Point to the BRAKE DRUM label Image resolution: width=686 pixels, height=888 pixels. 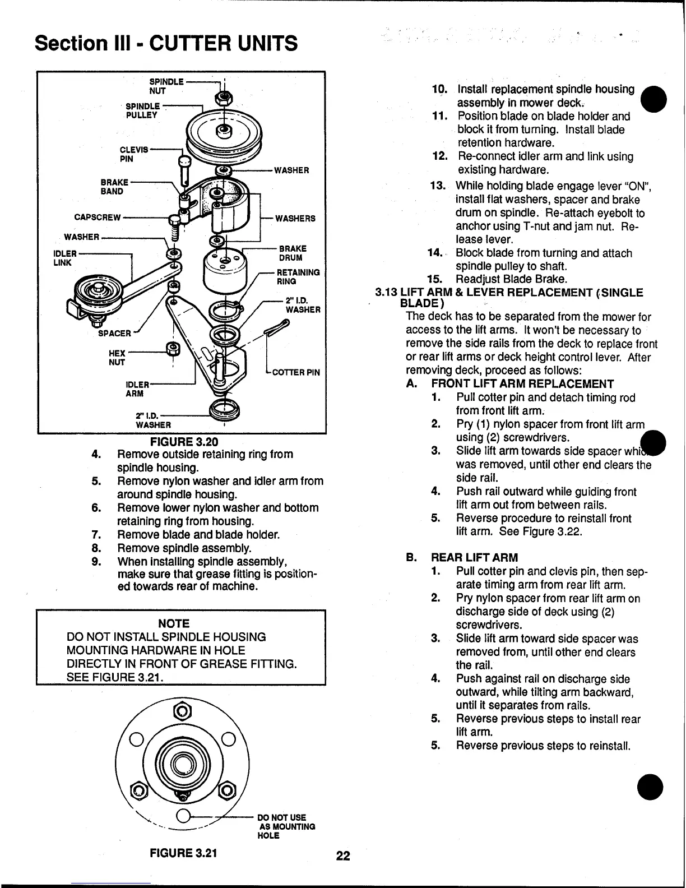tap(292, 253)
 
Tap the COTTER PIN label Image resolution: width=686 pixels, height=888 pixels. tap(295, 372)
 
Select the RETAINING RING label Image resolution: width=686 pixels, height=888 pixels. tap(298, 277)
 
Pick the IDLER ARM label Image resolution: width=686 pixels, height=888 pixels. tap(138, 389)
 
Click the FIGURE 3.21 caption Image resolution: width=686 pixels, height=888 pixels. tap(183, 853)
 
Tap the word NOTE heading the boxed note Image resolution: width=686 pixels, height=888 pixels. tap(174, 623)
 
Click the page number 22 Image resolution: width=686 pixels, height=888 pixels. tap(343, 855)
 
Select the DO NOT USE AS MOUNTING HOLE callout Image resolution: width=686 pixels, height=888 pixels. tap(286, 826)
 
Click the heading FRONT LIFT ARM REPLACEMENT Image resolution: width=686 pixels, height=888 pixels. tap(522, 384)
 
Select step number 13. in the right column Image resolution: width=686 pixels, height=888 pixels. tap(437, 186)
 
